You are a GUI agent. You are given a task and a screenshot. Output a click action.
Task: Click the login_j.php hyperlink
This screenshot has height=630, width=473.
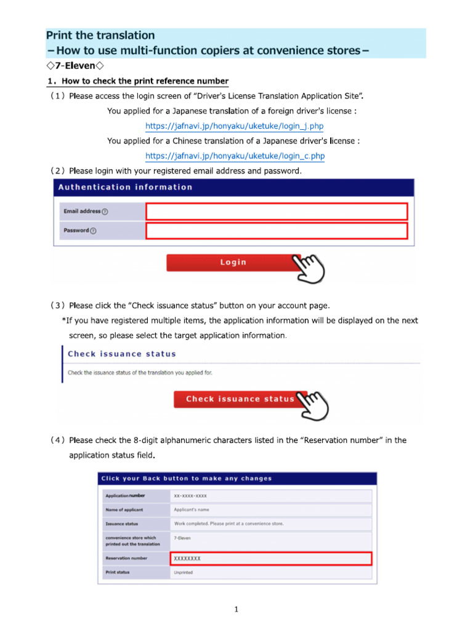pyautogui.click(x=234, y=126)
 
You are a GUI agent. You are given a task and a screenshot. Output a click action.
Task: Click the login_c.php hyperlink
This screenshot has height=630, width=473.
pyautogui.click(x=235, y=156)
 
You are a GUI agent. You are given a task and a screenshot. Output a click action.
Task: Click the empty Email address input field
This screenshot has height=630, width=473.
pyautogui.click(x=277, y=212)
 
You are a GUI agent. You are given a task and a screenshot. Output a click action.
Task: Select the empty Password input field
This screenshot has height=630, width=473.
pyautogui.click(x=277, y=231)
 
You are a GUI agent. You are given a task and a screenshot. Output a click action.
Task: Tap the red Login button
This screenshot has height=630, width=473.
pyautogui.click(x=233, y=263)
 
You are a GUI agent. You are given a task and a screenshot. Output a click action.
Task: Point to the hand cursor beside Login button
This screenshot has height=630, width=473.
pyautogui.click(x=309, y=267)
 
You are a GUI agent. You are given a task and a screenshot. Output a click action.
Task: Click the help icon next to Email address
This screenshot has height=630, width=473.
pyautogui.click(x=105, y=212)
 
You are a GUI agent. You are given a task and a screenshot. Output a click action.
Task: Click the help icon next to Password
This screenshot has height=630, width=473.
pyautogui.click(x=94, y=231)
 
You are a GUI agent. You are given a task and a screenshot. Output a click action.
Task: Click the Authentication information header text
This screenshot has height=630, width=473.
pyautogui.click(x=125, y=187)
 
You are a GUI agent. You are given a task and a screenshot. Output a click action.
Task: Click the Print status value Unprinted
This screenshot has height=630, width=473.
pyautogui.click(x=183, y=572)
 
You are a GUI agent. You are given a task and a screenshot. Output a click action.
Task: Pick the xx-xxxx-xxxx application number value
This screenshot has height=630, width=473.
pyautogui.click(x=190, y=495)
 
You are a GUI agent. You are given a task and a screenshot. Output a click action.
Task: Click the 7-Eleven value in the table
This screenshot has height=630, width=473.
pyautogui.click(x=182, y=538)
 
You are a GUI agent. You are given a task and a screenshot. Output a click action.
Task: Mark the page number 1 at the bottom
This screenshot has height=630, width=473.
pyautogui.click(x=236, y=610)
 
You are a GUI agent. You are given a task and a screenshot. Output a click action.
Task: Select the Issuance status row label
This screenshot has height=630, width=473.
pyautogui.click(x=122, y=524)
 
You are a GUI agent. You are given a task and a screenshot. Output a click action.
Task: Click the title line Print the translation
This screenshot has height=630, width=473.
pyautogui.click(x=101, y=36)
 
